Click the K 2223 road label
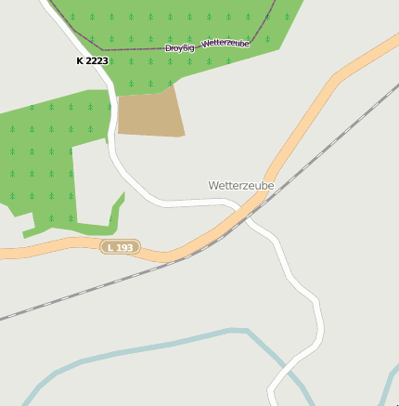[x=92, y=60]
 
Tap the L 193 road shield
[x=121, y=247]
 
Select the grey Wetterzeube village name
[x=241, y=186]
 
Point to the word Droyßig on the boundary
[x=180, y=47]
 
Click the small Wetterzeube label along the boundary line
[x=225, y=44]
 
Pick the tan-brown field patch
[x=149, y=113]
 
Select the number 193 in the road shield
[x=125, y=247]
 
